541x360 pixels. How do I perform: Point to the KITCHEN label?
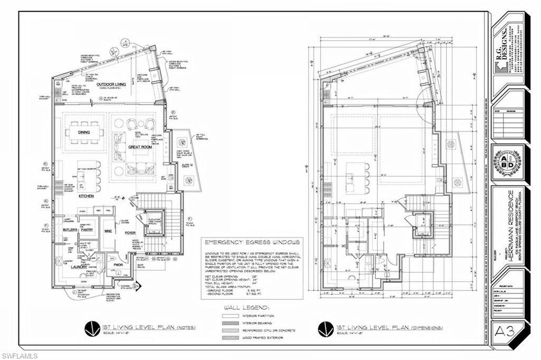point(86,196)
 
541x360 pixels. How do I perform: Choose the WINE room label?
point(108,230)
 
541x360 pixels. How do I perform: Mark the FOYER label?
point(130,231)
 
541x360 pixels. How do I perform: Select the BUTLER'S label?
point(70,231)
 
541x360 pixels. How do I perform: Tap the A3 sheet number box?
point(507,332)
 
